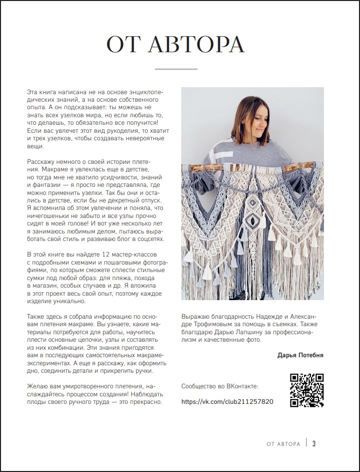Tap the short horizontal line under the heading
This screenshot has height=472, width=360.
[x=176, y=69]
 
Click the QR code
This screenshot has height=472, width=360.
[x=307, y=390]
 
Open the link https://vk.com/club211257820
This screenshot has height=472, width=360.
[x=227, y=402]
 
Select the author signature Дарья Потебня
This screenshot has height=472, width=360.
[x=300, y=355]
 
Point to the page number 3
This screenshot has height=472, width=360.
[x=314, y=443]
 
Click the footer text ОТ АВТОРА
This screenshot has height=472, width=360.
[x=283, y=444]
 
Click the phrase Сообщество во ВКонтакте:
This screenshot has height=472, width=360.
[x=220, y=386]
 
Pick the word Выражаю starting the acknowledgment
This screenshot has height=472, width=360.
[x=195, y=317]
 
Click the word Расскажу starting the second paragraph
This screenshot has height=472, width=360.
[x=42, y=162]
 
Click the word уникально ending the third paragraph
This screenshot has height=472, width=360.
[x=71, y=302]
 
